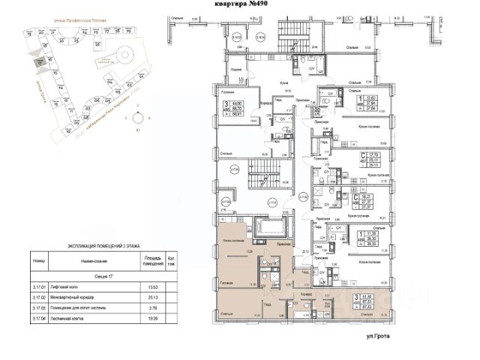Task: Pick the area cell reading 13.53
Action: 151,286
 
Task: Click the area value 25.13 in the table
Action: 151,296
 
